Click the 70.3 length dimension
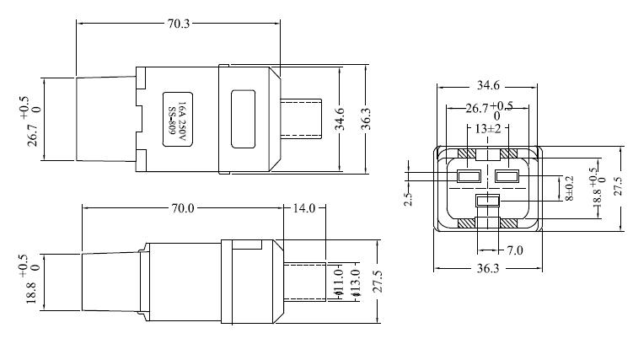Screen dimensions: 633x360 click(179, 24)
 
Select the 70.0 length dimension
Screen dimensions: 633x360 click(182, 208)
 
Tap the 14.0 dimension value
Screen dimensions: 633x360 click(303, 208)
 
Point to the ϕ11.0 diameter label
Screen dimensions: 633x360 click(338, 282)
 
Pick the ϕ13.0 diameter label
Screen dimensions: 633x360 click(355, 284)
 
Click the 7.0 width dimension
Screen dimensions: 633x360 click(514, 250)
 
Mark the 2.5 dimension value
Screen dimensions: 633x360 click(408, 199)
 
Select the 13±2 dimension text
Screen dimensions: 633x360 click(488, 129)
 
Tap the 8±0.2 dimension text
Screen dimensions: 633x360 click(569, 189)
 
